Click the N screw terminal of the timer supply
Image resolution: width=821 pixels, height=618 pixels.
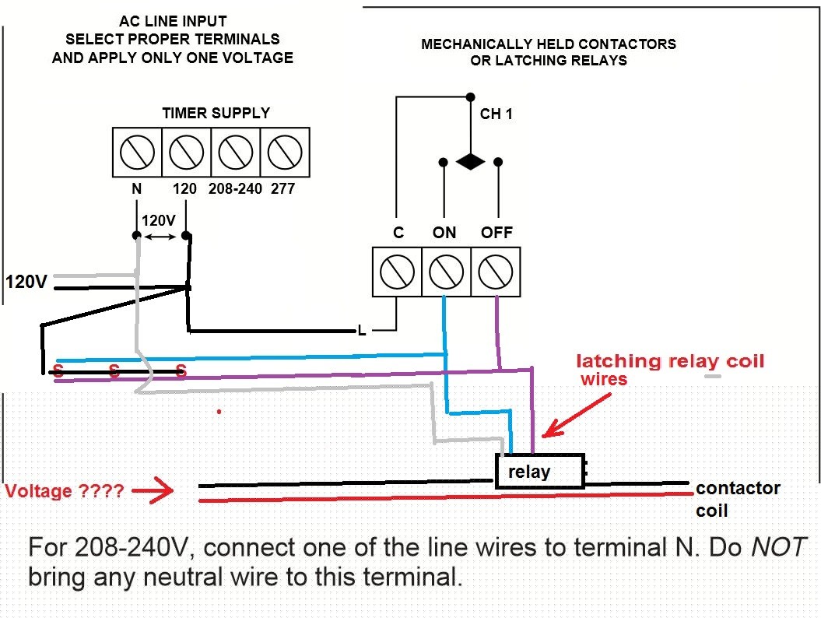[x=137, y=153]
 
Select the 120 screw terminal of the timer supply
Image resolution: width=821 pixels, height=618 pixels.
[x=187, y=153]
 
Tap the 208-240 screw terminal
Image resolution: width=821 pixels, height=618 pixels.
[x=236, y=153]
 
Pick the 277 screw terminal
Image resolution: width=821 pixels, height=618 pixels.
[x=285, y=153]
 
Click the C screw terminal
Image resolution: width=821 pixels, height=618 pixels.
[x=397, y=272]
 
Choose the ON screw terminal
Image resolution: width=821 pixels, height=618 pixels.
[x=446, y=272]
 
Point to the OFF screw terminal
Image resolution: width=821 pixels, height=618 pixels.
[x=495, y=272]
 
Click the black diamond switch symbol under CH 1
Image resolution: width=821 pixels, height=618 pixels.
[x=471, y=162]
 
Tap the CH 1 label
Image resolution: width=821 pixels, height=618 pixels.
[x=496, y=114]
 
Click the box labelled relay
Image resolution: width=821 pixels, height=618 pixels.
[x=540, y=472]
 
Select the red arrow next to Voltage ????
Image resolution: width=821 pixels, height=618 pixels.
[x=153, y=490]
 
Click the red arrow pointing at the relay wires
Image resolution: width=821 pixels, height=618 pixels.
[x=576, y=416]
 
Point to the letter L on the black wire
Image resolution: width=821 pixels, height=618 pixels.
[x=362, y=331]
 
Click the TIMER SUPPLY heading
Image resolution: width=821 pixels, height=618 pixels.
[x=216, y=113]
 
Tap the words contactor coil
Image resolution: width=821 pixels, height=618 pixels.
[x=738, y=499]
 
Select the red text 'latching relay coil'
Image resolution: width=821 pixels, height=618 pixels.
[x=670, y=361]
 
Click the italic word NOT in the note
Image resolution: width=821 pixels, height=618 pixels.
[x=779, y=547]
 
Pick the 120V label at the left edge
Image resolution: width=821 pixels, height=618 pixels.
[x=26, y=282]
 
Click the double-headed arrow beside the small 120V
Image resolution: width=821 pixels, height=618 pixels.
[x=160, y=237]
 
